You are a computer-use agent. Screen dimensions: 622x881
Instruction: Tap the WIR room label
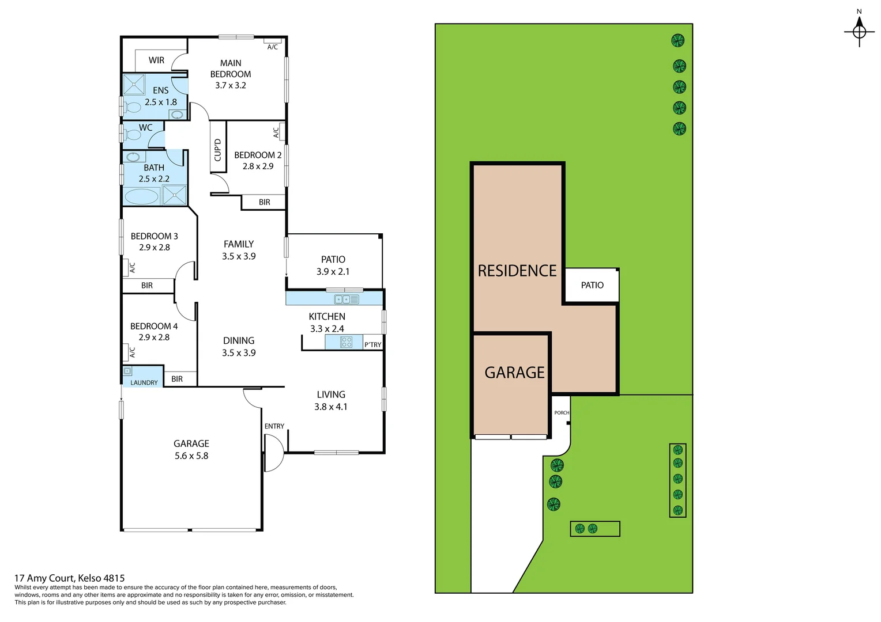pos(156,60)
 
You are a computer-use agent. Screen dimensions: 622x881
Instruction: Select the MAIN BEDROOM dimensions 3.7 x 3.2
pos(231,85)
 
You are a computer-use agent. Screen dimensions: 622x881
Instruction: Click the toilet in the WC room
pos(133,135)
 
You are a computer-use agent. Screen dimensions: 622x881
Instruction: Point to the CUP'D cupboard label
pos(217,150)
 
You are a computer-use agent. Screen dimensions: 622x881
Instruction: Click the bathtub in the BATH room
pos(141,196)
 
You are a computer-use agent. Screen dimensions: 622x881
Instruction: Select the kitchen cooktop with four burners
pos(347,342)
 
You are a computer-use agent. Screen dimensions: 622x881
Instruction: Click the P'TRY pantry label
pos(372,344)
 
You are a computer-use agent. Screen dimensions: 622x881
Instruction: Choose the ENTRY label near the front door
pos(274,426)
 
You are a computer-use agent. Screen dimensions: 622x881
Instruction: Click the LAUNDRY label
pos(144,382)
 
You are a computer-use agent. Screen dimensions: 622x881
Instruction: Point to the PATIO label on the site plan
pos(592,285)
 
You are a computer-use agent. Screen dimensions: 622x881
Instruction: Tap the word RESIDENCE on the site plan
pos(517,271)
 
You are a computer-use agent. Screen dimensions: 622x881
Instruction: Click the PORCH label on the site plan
pos(562,412)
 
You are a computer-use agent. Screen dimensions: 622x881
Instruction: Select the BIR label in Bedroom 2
pos(264,202)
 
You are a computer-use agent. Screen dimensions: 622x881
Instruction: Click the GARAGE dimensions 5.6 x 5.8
pos(191,456)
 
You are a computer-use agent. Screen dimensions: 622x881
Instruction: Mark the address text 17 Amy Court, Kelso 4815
pos(69,578)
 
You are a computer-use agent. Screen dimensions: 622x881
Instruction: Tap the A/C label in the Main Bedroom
pos(273,47)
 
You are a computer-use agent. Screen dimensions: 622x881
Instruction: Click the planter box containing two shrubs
pos(594,529)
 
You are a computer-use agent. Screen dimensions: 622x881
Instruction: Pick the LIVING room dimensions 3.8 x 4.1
pos(331,407)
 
